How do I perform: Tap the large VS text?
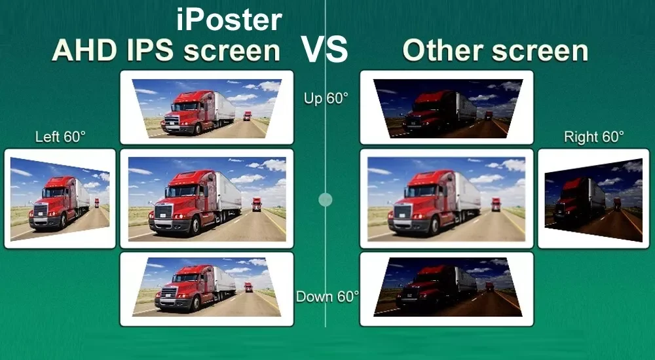tap(324, 49)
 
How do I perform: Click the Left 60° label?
tap(60, 137)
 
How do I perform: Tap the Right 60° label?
tap(594, 137)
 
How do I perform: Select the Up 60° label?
tap(326, 99)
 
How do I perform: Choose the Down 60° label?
tap(327, 297)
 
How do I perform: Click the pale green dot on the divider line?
tap(326, 199)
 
